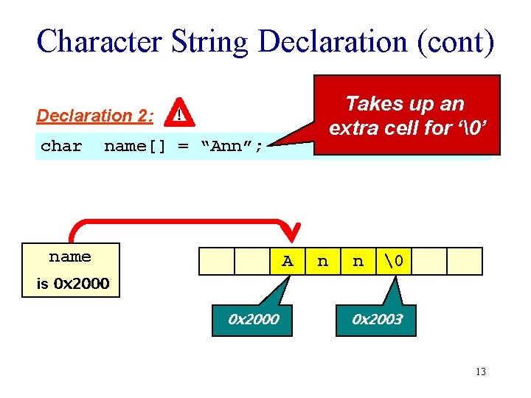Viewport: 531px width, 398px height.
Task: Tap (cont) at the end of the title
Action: (452, 42)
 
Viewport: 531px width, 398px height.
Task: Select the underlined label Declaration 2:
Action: (95, 116)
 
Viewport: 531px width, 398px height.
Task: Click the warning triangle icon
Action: (179, 114)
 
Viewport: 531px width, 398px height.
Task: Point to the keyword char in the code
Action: (61, 146)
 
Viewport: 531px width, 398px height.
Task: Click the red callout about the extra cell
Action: (406, 116)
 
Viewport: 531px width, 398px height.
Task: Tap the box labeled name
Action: (70, 257)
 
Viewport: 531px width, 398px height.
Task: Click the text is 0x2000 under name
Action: (73, 284)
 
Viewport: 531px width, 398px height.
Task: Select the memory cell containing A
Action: (287, 261)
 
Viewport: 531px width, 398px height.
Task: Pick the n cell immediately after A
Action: (322, 261)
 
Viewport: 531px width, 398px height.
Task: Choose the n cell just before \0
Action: (358, 261)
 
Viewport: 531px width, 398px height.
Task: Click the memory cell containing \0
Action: (393, 261)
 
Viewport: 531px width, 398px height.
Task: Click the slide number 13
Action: (480, 371)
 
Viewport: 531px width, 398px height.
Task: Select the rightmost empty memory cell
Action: (465, 261)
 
